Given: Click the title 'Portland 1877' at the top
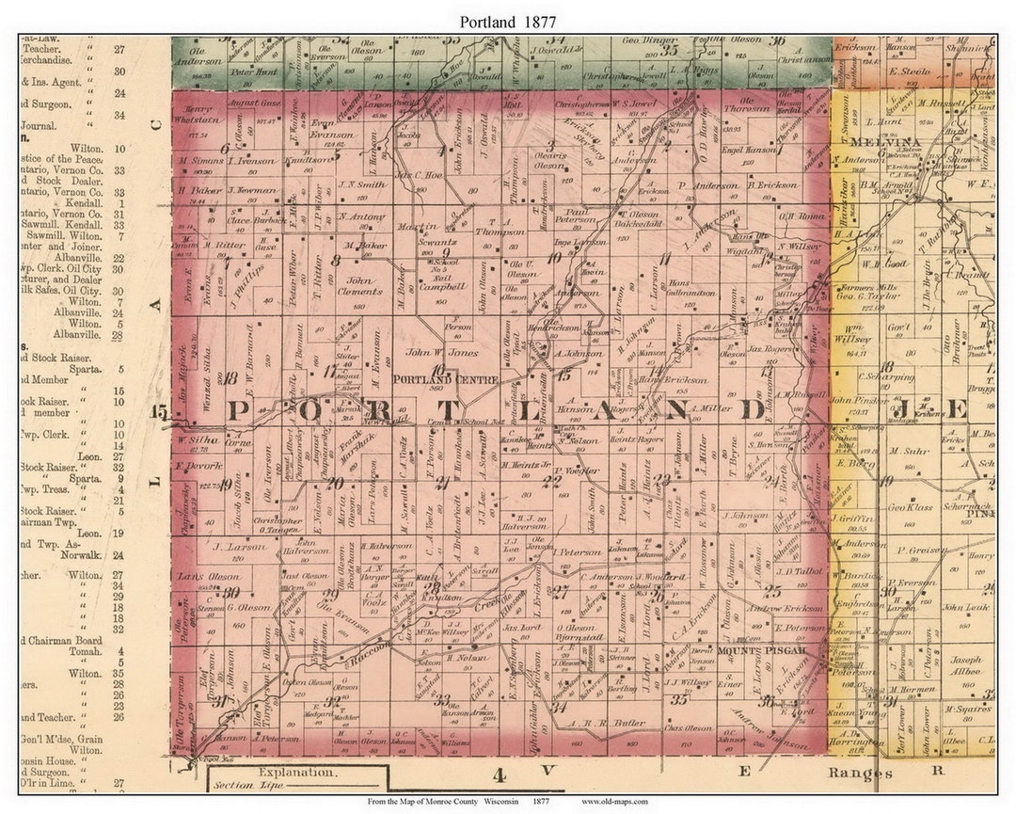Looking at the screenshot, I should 508,21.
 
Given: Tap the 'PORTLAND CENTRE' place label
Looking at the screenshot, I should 432,379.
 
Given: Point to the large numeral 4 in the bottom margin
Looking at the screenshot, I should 500,775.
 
